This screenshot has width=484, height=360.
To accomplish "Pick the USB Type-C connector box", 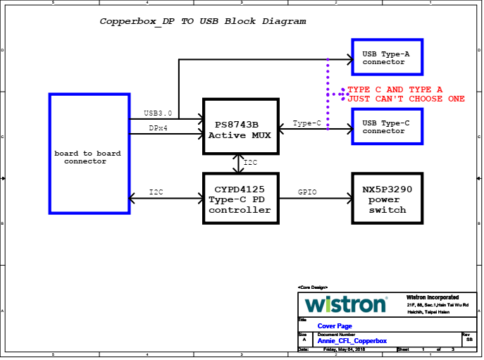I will (387, 127).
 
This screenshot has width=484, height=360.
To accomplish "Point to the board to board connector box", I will (89, 154).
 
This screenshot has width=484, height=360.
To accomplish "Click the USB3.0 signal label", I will (158, 113).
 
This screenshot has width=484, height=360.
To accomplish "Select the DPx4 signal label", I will (158, 128).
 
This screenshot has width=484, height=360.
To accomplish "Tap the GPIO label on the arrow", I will (308, 192).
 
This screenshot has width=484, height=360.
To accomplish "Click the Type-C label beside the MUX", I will (307, 123).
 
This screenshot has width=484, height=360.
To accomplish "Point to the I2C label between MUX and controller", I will (251, 163).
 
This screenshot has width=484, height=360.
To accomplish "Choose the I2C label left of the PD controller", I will (156, 192).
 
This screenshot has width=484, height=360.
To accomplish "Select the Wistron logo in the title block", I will (346, 304).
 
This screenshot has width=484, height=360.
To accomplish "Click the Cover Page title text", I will (335, 326).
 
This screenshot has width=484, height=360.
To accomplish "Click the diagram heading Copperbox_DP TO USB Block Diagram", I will (203, 21).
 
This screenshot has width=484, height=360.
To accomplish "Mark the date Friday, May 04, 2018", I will (344, 349).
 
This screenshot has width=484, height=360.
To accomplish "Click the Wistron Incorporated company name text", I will (433, 297).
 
